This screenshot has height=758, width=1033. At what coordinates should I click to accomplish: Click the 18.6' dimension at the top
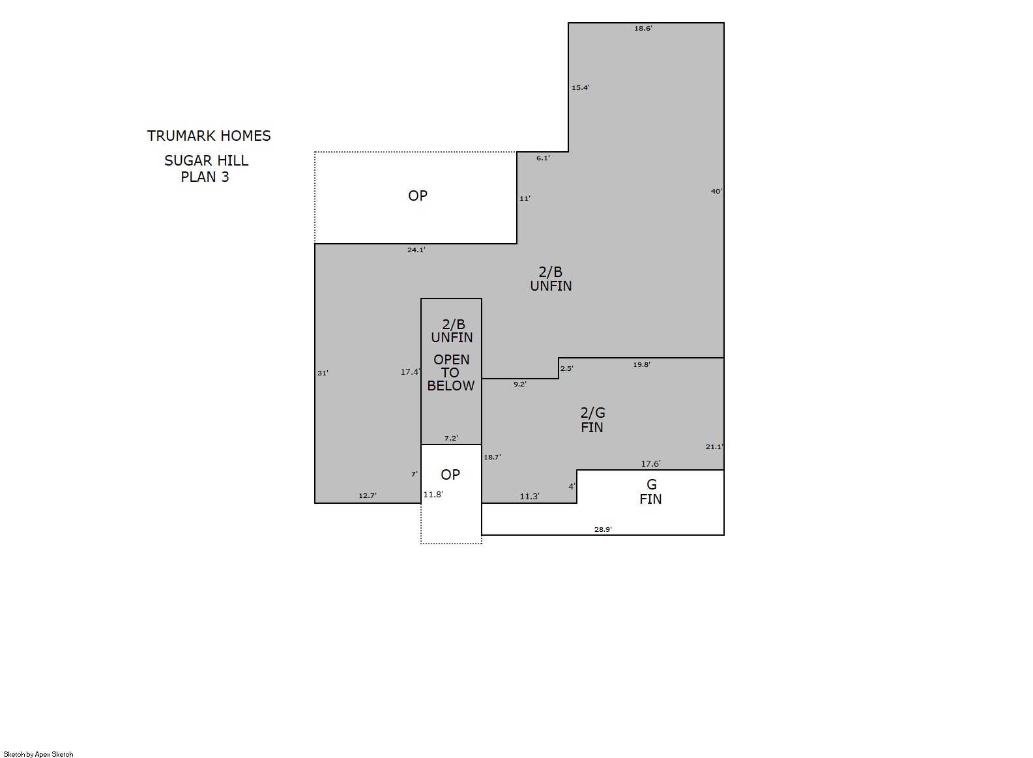click(643, 29)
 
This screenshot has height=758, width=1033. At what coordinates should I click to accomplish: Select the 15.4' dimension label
click(581, 87)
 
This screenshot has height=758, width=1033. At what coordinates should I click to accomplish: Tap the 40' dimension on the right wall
click(716, 192)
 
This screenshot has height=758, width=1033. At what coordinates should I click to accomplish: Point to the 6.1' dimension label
click(543, 158)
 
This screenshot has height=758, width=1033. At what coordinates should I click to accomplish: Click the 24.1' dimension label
click(416, 250)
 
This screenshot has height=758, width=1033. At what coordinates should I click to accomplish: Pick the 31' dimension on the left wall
click(323, 373)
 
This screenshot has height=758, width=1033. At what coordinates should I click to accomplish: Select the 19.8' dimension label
click(641, 365)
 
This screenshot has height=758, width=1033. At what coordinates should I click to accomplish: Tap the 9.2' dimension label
click(519, 384)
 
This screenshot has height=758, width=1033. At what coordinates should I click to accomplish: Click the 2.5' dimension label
click(567, 368)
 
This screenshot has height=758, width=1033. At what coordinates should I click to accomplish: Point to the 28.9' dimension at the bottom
click(603, 529)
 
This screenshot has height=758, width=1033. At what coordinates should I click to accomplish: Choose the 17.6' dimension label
click(650, 464)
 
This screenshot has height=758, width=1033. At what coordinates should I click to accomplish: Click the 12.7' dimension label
click(368, 495)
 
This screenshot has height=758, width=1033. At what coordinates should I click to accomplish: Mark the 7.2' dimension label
click(451, 438)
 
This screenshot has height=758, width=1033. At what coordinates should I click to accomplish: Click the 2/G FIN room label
click(592, 420)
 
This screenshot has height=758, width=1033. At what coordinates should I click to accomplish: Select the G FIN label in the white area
click(650, 492)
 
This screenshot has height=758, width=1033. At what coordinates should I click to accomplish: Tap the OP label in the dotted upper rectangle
click(418, 196)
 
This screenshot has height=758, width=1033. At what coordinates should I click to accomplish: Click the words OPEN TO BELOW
click(451, 373)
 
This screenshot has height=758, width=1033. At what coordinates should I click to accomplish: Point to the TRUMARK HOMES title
click(209, 136)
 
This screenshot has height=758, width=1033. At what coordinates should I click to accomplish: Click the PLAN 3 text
click(205, 177)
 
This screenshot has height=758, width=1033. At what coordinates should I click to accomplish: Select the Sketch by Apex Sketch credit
click(38, 754)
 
